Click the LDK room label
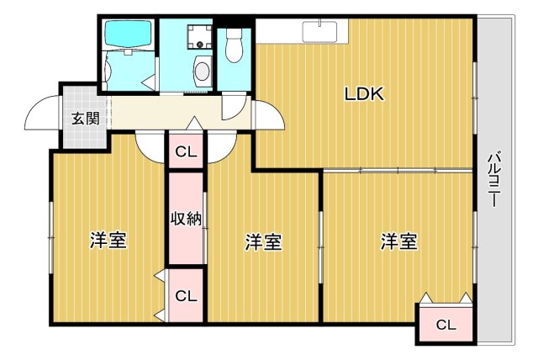pos(363,94)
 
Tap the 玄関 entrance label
pos(84,119)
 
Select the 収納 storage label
pos(186,219)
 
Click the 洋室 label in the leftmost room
pos(108,241)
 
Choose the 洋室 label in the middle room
pos(263,242)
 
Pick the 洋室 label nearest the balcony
pos(398,241)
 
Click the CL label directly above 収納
pos(186,152)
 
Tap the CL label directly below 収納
pos(186,295)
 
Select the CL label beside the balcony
pos(446,325)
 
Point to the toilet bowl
pos(234,46)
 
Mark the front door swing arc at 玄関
pos(42,116)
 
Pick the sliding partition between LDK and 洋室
pos(398,171)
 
